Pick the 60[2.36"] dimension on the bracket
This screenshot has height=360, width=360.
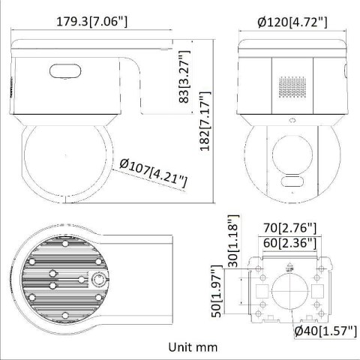(x=289, y=242)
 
